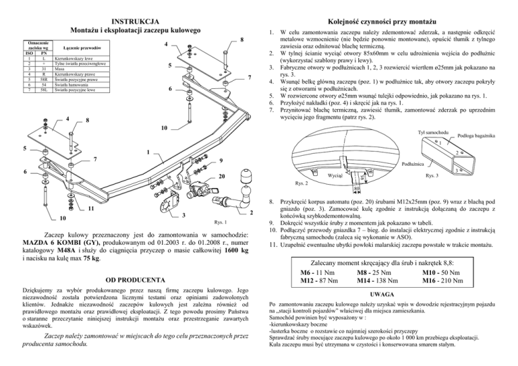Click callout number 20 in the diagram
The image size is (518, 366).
[222, 177]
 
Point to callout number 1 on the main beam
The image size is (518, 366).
[148, 152]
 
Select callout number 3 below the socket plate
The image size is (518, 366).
[184, 215]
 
